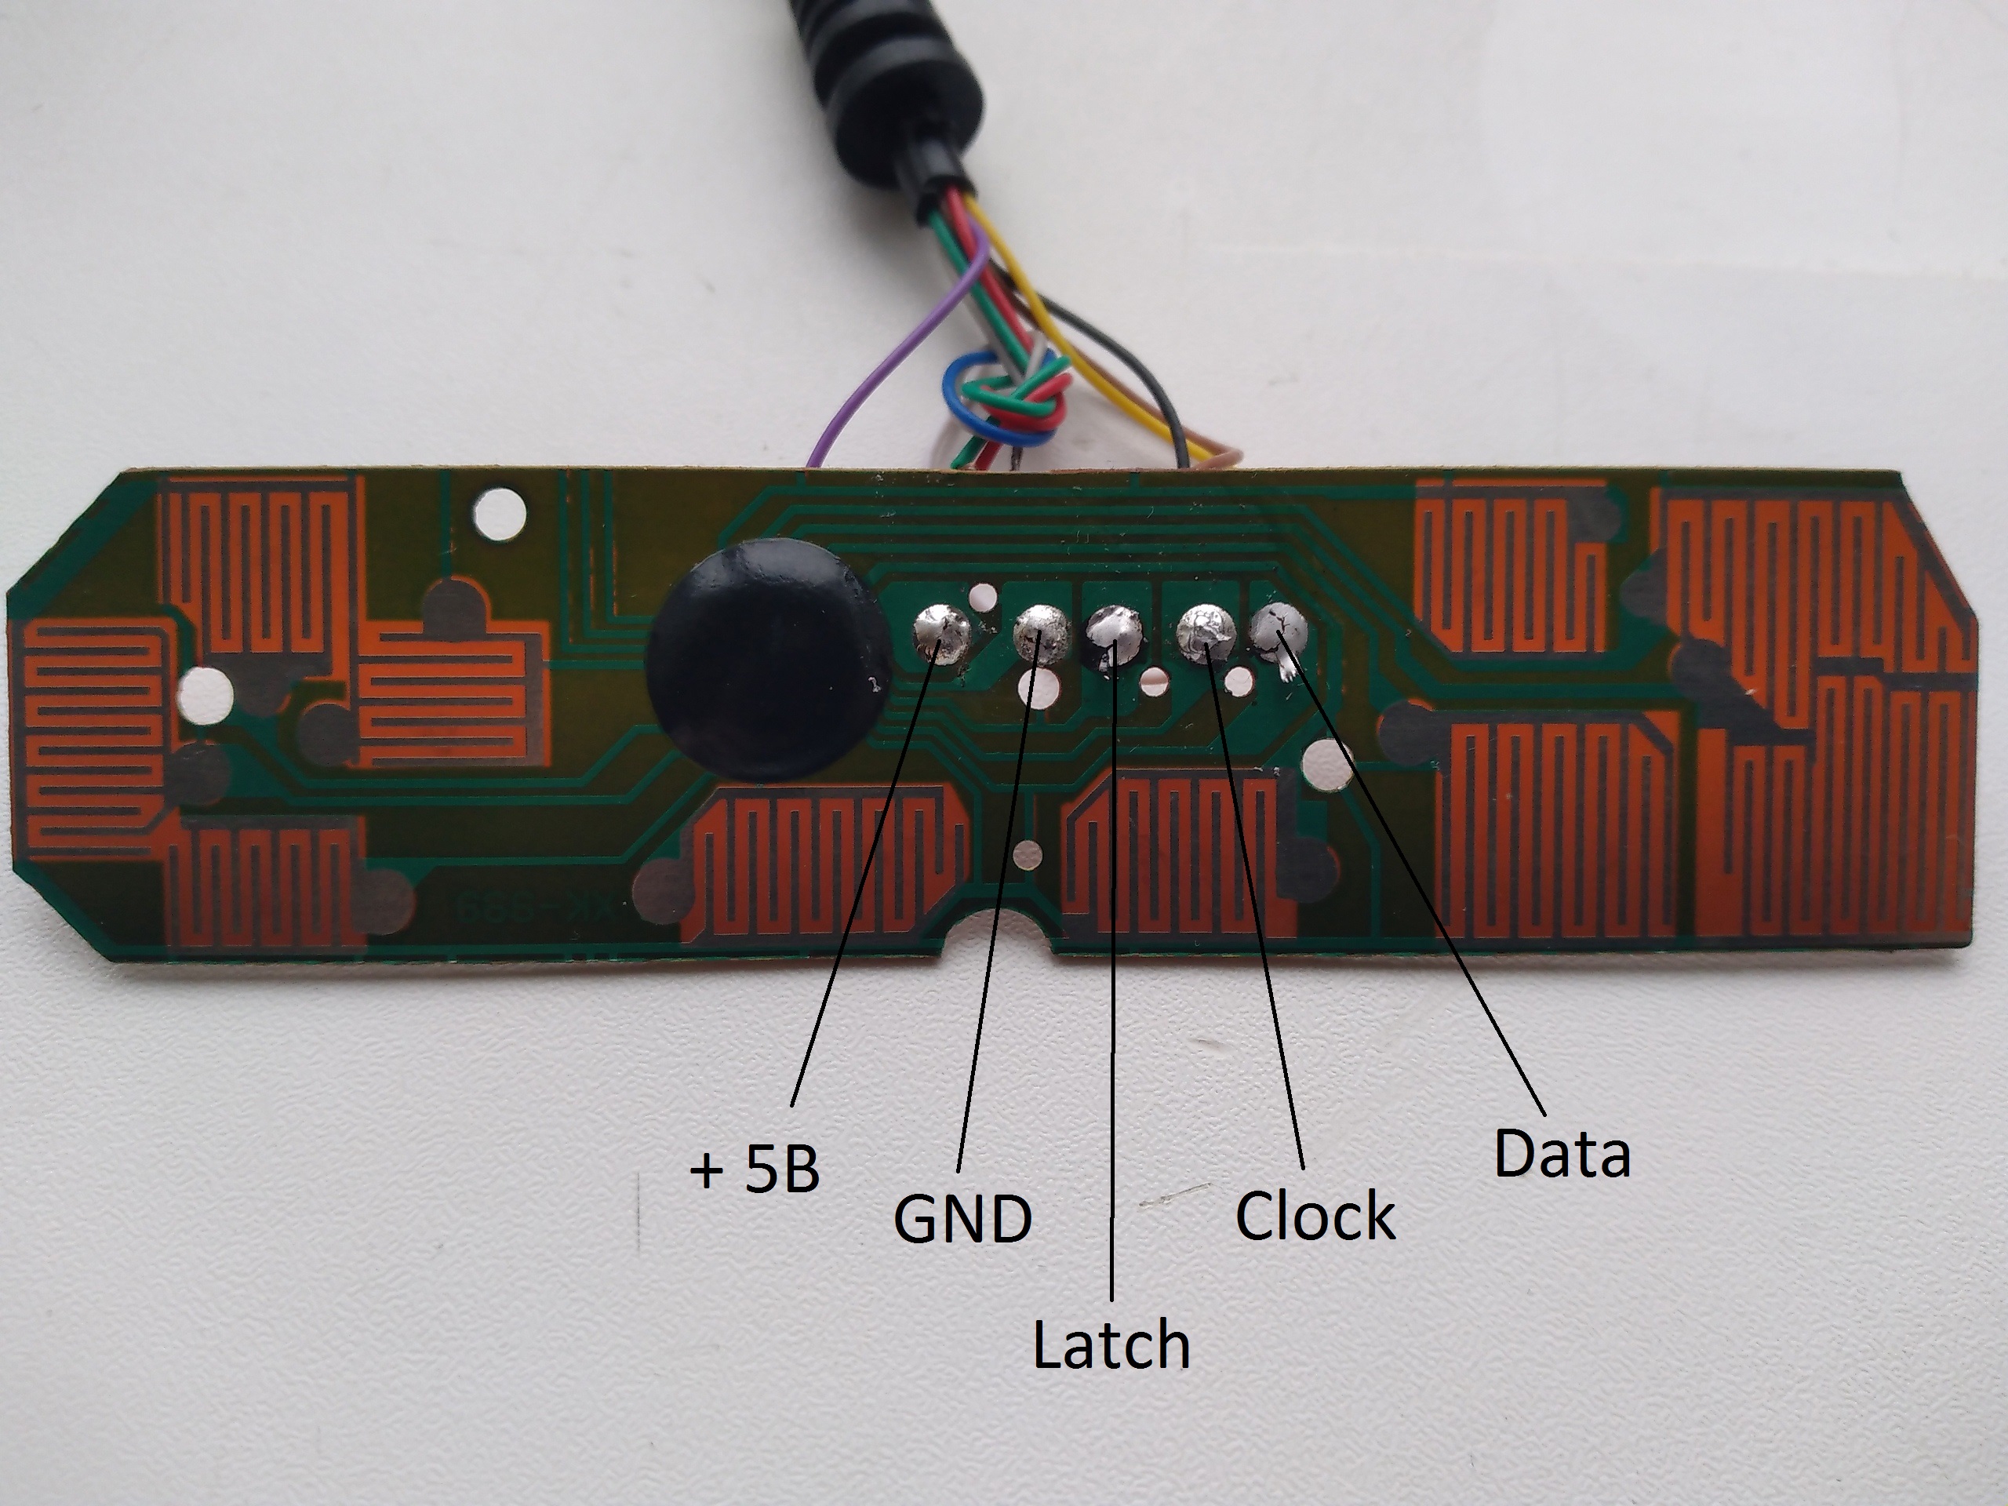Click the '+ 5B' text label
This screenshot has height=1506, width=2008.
(x=755, y=1170)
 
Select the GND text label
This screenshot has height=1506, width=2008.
(x=962, y=1218)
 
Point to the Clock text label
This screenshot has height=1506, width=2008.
(x=1315, y=1216)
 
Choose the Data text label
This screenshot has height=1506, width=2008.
(x=1562, y=1154)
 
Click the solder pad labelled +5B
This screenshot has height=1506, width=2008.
(x=942, y=633)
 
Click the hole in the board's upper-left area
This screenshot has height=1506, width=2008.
(x=500, y=514)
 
